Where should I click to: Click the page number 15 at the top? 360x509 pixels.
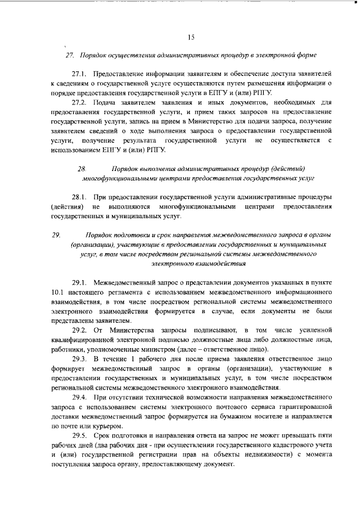point(191,38)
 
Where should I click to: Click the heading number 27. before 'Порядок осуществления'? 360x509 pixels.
point(70,56)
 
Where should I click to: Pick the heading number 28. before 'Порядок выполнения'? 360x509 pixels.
point(82,168)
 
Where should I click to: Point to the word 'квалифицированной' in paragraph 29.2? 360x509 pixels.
point(85,339)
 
